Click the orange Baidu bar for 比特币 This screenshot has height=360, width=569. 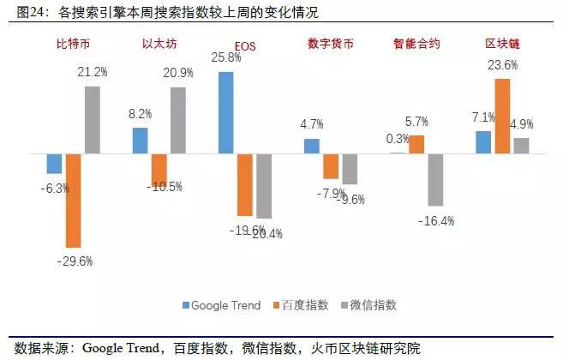coord(73,201)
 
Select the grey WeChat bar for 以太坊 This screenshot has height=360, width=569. coord(177,120)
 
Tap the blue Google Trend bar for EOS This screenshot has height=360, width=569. coord(226,112)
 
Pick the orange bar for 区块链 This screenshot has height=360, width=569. coord(502,116)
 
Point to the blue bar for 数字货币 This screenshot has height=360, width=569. coord(312,146)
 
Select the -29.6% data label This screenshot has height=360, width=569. coord(75,261)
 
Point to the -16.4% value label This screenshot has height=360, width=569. coord(437,220)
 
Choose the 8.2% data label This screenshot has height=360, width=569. coord(140,113)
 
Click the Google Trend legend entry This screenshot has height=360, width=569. coord(220,305)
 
